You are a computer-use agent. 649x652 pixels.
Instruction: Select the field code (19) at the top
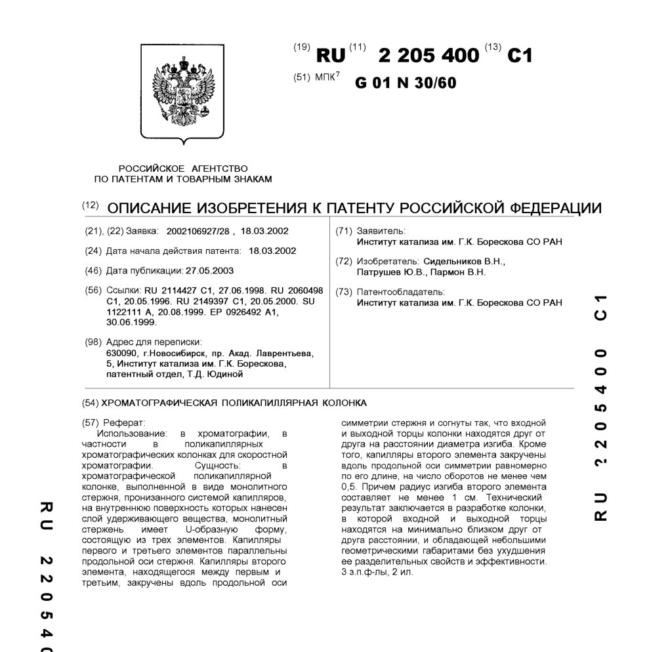(x=302, y=47)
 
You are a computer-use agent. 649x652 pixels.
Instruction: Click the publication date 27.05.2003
(x=209, y=270)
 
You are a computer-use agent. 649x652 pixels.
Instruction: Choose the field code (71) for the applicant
(x=344, y=232)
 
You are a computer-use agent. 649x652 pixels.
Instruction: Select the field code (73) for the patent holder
(x=344, y=292)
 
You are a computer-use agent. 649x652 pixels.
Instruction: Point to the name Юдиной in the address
(x=227, y=374)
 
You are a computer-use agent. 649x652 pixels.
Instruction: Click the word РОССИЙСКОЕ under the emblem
(x=150, y=168)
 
